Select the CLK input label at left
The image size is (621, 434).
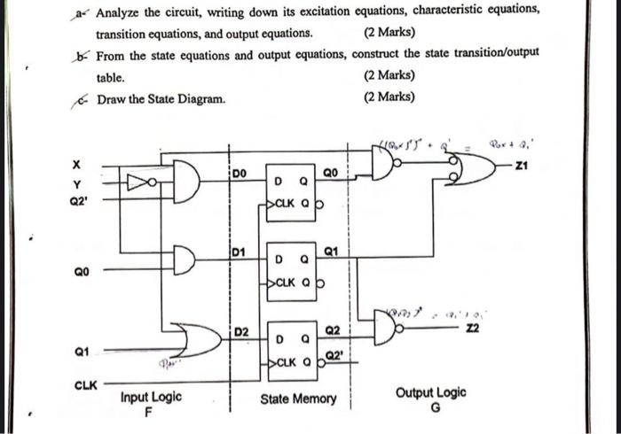(82, 384)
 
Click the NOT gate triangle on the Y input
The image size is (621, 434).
(141, 183)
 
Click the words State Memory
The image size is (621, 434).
(298, 399)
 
